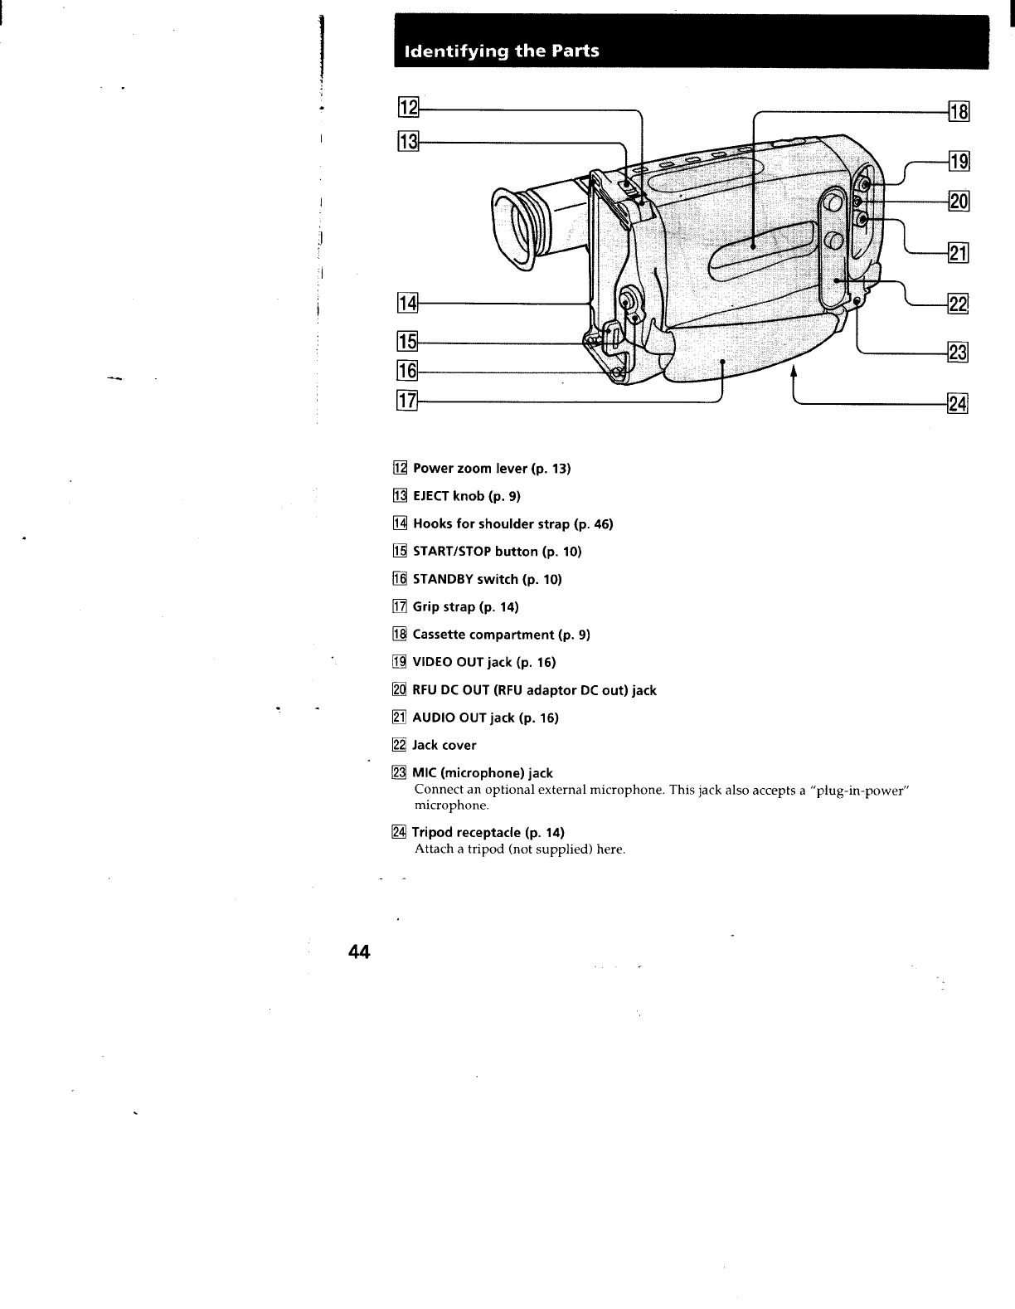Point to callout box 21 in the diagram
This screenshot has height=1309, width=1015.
pos(959,253)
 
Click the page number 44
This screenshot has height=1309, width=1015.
pos(359,951)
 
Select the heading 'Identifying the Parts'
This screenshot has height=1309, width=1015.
pos(501,51)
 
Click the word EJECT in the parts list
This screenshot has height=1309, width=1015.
pos(432,496)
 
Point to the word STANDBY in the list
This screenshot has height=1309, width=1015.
pos(443,579)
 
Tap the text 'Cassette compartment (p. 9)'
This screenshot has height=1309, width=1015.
pos(501,635)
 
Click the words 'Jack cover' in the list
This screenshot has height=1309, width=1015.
pos(444,745)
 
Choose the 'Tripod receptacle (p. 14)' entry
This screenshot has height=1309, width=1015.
pos(488,832)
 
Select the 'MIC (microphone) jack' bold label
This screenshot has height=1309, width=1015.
pos(483,773)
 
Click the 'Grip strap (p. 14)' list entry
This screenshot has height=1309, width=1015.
pos(465,606)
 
